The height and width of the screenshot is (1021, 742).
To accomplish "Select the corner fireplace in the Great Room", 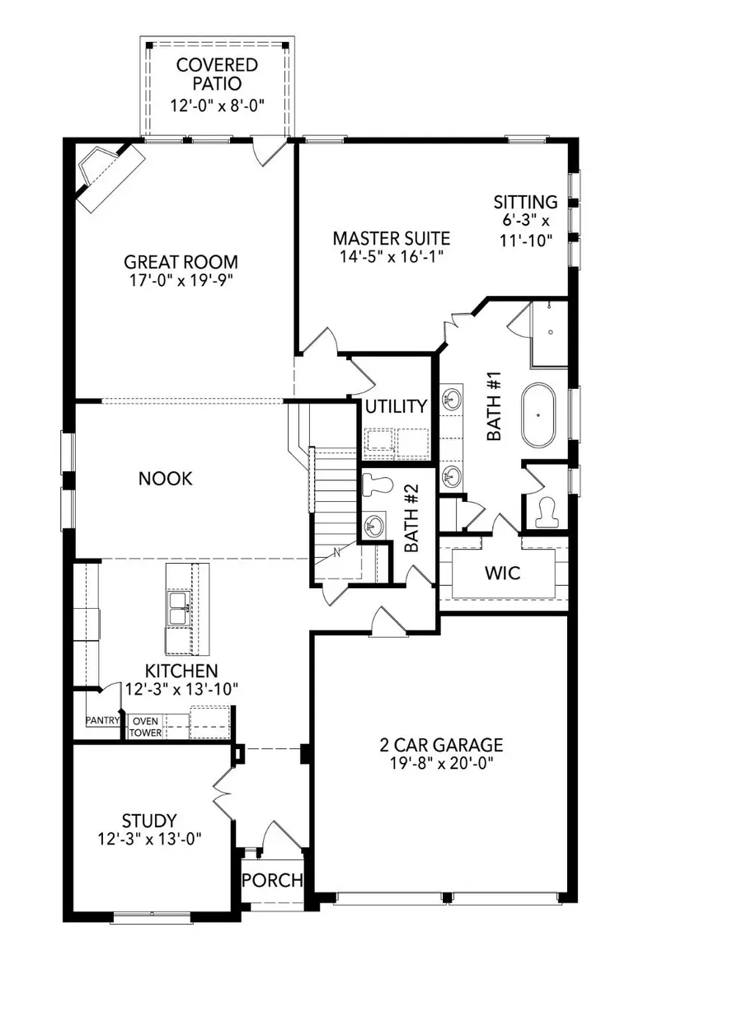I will [x=102, y=171].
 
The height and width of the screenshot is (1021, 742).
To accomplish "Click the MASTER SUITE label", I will [x=391, y=238].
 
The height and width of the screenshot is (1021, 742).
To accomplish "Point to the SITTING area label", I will [x=525, y=202].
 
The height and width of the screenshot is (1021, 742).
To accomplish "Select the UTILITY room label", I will [x=397, y=406].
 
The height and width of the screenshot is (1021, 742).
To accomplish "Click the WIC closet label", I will [x=503, y=573].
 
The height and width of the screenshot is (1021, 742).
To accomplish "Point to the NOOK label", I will [x=166, y=478].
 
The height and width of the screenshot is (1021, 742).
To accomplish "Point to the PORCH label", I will [x=272, y=880].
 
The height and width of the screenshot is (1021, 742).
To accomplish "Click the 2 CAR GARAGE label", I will [x=441, y=745].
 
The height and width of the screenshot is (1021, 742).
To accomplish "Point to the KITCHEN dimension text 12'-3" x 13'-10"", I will [x=171, y=690].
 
